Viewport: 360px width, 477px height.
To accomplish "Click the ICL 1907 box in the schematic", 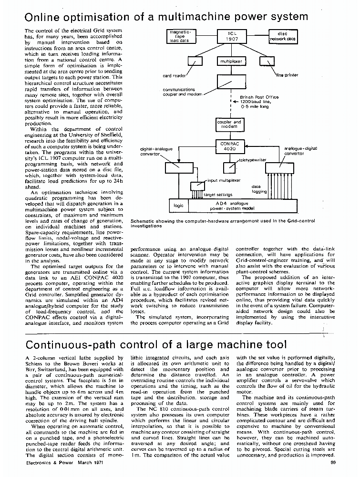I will tap(230, 37).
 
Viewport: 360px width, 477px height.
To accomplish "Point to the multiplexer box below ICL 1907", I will tap(230, 62).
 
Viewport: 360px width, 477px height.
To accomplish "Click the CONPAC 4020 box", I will tap(230, 146).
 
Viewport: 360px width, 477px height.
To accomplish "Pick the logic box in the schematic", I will tap(179, 206).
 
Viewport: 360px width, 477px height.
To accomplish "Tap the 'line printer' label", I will tap(287, 75).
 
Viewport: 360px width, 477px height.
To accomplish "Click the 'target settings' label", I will tap(218, 195).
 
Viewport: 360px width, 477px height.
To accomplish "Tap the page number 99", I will tap(332, 462).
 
